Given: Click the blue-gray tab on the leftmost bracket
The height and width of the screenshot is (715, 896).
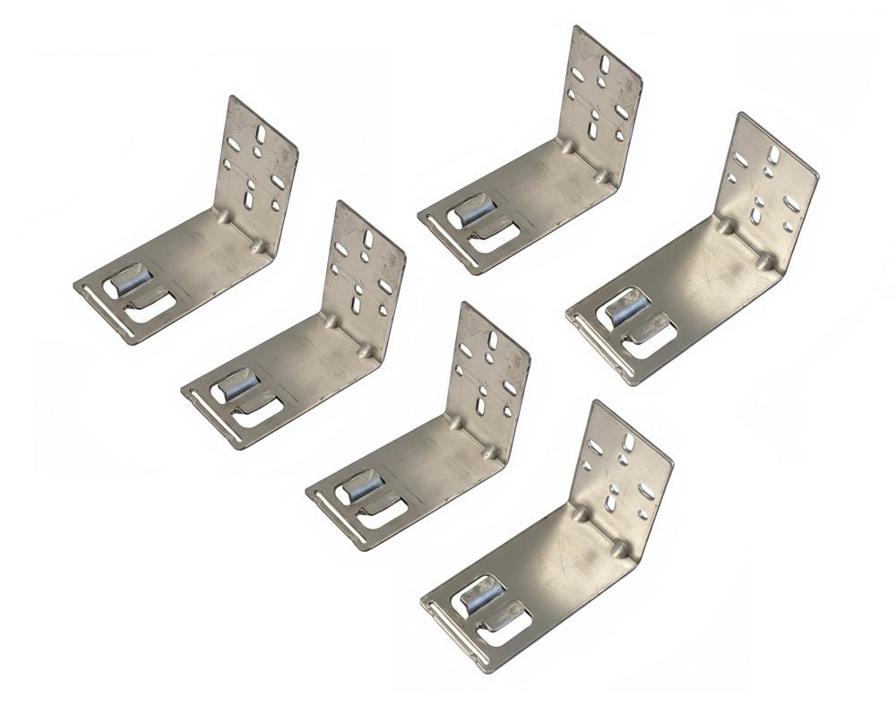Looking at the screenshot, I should [x=125, y=280].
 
